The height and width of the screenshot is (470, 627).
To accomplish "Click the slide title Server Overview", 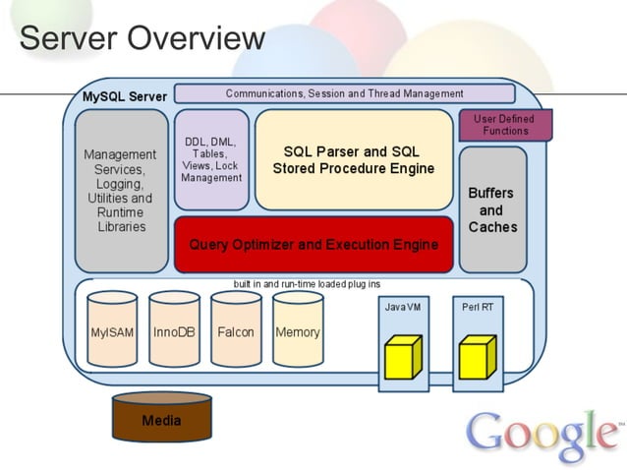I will [x=142, y=38].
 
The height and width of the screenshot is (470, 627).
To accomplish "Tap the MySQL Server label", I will [x=124, y=96].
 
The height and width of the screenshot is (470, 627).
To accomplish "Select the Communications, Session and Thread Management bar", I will [x=344, y=93].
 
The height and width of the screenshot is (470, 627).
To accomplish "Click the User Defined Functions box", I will [x=505, y=125].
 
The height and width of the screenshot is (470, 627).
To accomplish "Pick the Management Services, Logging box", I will [x=121, y=190].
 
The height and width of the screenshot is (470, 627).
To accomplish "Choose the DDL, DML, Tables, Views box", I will [x=211, y=159].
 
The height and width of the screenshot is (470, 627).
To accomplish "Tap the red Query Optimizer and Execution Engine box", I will [x=313, y=244].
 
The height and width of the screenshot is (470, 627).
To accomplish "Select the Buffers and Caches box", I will [x=492, y=209].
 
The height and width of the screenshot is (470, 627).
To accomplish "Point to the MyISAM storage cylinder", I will [x=112, y=331].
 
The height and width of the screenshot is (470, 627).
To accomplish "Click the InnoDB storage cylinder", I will [x=174, y=331].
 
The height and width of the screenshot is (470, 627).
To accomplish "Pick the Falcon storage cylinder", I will [x=236, y=331].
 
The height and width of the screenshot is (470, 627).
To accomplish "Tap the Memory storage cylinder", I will [x=298, y=331].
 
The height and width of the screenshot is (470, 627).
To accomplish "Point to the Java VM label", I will [x=402, y=307].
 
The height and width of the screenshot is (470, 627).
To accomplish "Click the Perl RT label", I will [x=478, y=307].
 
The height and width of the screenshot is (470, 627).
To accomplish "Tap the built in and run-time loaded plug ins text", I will [x=307, y=284].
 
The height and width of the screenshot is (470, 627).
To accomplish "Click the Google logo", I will [x=543, y=434].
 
